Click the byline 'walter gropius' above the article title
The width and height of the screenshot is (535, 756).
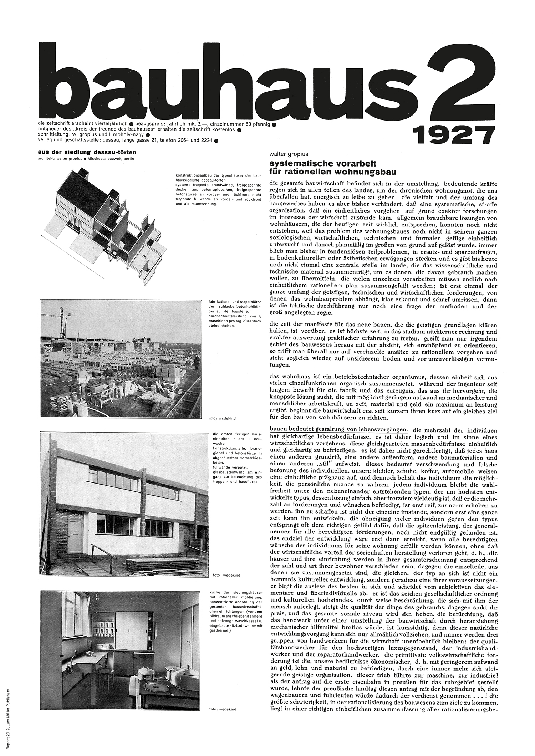289,154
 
